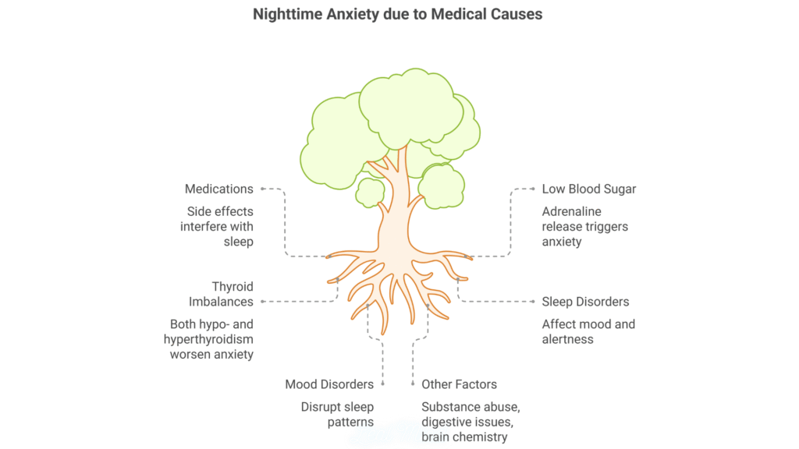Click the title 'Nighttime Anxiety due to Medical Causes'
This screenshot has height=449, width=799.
[x=398, y=14]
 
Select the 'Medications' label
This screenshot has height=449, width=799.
[x=219, y=189]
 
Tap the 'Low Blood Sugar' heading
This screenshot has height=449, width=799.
[x=589, y=189]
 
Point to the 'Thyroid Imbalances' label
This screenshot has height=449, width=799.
[x=221, y=294]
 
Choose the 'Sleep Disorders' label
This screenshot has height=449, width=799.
[x=585, y=301]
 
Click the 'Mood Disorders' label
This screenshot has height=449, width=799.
[x=329, y=384]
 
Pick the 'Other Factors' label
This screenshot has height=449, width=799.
[x=459, y=384]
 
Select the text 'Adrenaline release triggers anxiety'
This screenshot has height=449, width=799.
[x=585, y=226]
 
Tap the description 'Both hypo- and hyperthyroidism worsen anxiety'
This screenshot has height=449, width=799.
[x=209, y=339]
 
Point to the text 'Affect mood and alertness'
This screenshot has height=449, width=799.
[x=588, y=331]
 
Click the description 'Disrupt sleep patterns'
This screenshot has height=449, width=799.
[x=338, y=414]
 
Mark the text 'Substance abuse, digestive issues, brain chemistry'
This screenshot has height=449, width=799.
[x=470, y=421]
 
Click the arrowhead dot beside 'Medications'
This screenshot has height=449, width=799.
[x=263, y=189]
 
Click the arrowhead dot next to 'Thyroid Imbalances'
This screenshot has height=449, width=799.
[x=263, y=301]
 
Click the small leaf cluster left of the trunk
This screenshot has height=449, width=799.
[x=369, y=191]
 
